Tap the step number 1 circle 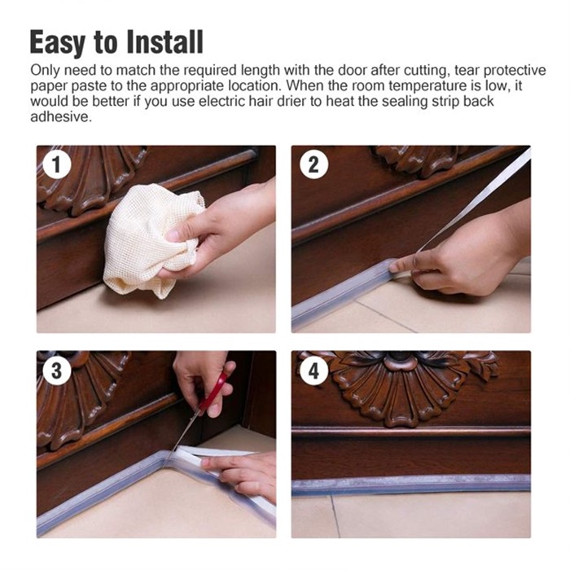pos(57,164)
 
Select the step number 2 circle pos(313,164)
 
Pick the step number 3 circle pos(57,370)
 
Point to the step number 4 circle pos(313,370)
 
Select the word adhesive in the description pos(61,116)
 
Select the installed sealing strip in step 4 pos(410,485)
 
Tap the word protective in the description pos(515,71)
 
